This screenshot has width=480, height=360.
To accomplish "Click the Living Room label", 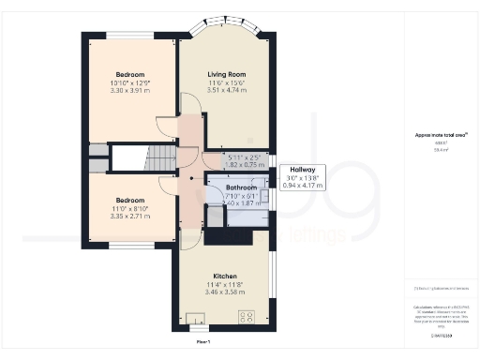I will [x=226, y=74].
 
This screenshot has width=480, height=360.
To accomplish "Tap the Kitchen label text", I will [x=223, y=277].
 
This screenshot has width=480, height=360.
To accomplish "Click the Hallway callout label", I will [x=303, y=170].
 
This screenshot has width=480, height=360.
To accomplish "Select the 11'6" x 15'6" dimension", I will [x=226, y=83].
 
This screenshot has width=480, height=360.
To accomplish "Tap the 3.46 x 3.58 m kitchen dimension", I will [x=223, y=294].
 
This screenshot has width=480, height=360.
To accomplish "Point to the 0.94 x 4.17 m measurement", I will [x=303, y=186].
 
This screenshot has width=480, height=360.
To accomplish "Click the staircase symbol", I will [x=137, y=157].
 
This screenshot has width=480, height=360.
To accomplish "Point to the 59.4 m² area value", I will [x=433, y=149].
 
